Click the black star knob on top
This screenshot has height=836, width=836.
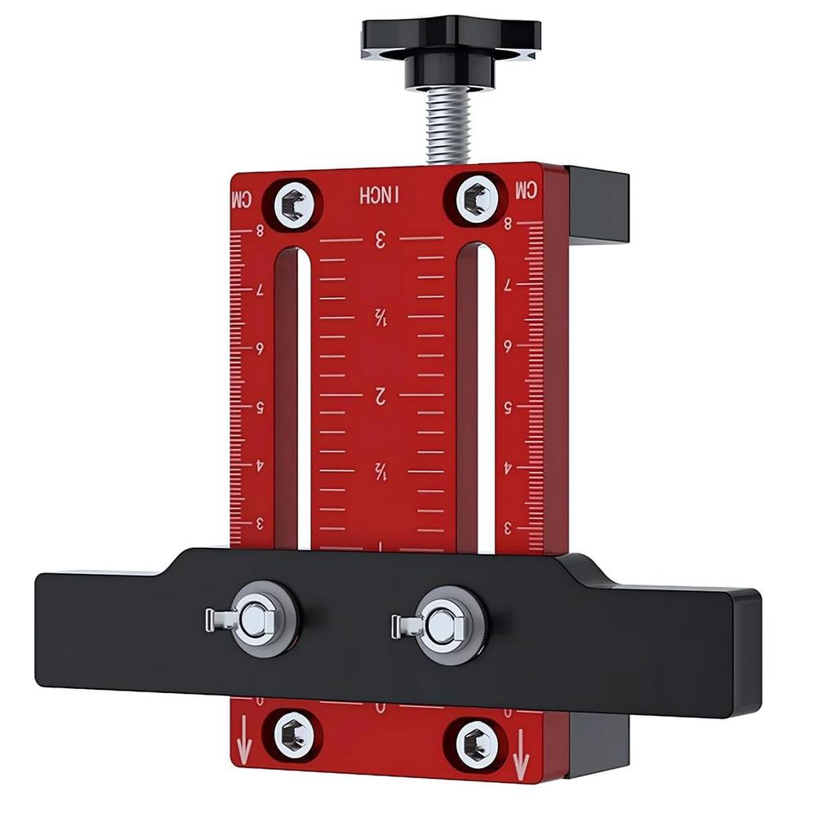coord(450,41)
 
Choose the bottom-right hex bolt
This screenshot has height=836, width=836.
coord(475,741)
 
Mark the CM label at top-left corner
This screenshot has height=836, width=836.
coord(243,198)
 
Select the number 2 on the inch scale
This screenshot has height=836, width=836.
coord(380,397)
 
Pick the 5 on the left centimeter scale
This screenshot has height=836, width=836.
coord(260,406)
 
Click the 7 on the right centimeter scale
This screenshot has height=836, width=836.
coord(508,285)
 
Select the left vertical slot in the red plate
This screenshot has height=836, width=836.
coord(303,392)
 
